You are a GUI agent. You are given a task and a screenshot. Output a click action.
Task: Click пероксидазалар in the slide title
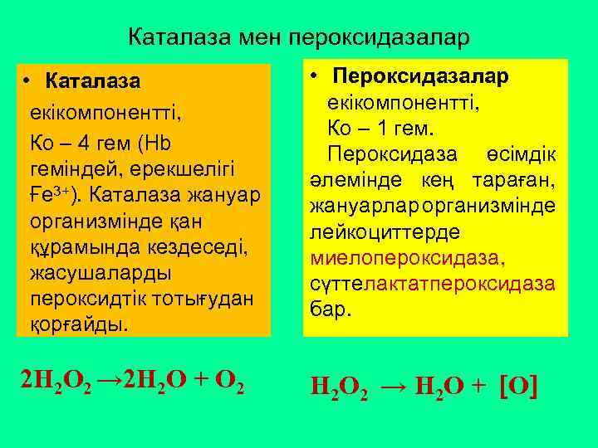tap(379, 37)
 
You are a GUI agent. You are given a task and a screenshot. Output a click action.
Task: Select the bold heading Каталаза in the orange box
tap(93, 81)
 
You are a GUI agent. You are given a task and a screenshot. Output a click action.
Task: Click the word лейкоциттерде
tap(375, 233)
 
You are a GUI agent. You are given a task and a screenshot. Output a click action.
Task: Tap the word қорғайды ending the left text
tap(79, 323)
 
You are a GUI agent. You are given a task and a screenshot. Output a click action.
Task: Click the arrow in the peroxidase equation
tap(395, 384)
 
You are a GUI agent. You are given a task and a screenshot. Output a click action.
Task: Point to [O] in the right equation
tap(520, 384)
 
